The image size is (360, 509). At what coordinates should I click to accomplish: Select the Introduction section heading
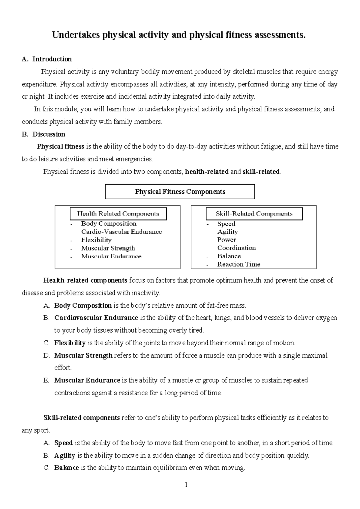click(52, 59)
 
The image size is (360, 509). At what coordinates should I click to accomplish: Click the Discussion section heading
click(49, 134)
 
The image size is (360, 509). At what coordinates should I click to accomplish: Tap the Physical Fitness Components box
click(180, 192)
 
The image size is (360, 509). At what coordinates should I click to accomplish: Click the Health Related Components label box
click(118, 214)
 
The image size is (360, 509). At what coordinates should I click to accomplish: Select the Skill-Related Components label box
click(254, 214)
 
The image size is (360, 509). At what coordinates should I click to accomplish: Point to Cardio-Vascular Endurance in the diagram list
click(121, 232)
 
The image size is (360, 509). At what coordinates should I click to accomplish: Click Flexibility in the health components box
click(96, 240)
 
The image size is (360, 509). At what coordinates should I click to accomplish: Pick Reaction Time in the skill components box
click(238, 264)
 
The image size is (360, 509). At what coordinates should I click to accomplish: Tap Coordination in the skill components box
click(236, 248)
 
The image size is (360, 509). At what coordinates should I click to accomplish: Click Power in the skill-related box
click(226, 240)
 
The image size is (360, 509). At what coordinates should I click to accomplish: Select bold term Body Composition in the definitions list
click(83, 306)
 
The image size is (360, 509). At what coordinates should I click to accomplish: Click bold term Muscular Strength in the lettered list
click(83, 356)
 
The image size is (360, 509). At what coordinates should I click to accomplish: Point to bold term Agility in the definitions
click(64, 456)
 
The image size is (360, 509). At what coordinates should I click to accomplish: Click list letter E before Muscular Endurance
click(46, 381)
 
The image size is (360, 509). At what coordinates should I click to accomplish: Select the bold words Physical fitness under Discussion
click(60, 147)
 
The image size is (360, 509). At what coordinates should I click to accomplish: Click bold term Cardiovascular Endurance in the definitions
click(96, 318)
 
